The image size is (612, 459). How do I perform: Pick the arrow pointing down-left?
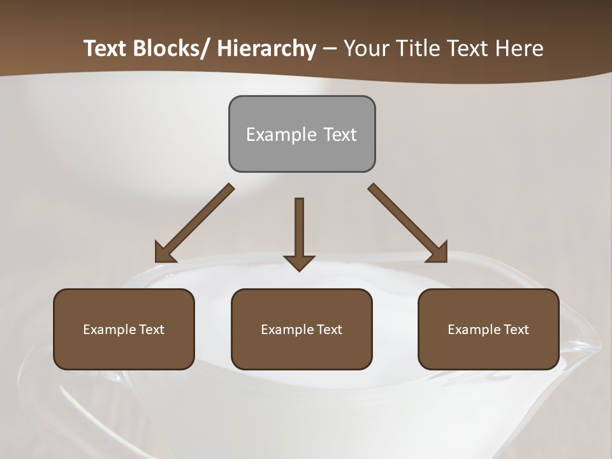click(x=194, y=224)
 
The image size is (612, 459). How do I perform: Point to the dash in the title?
click(x=330, y=50)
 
